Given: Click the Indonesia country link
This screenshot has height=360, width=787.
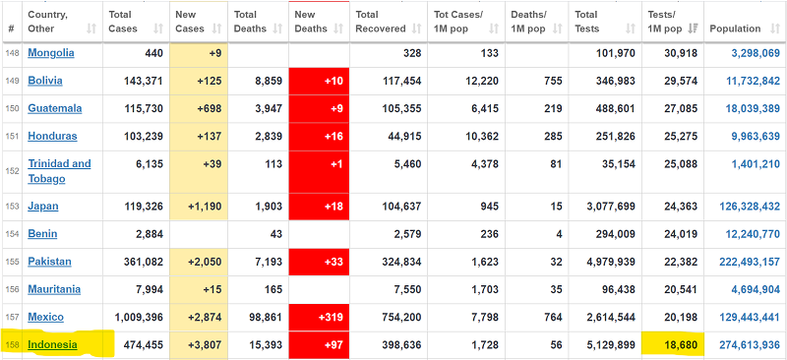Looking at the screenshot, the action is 53,344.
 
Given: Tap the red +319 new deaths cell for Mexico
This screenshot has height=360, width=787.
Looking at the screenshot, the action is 319,318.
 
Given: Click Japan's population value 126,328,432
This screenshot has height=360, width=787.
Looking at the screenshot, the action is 749,207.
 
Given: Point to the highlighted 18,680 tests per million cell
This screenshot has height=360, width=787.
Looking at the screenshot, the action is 673,344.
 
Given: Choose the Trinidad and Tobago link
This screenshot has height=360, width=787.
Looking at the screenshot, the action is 59,171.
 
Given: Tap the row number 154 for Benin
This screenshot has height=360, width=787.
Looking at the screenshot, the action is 12,234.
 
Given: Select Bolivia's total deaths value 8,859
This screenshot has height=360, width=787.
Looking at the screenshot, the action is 268,81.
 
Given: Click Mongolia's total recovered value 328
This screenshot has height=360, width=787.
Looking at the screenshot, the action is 412,53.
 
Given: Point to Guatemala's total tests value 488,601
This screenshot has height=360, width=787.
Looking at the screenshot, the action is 616,108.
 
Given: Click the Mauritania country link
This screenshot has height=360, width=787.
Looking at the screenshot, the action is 54,289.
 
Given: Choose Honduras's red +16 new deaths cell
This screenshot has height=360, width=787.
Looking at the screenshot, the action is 319,136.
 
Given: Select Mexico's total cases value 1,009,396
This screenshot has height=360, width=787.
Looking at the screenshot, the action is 139,318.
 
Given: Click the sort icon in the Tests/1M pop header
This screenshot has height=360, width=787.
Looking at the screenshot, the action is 693,30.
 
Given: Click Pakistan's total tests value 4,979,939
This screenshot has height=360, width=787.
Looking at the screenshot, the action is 611,262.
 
